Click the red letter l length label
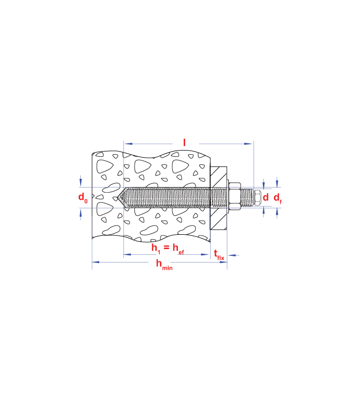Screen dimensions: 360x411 184,143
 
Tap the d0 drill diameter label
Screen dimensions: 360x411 83,197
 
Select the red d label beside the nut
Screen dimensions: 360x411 265,197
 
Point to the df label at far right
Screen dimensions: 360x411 278,198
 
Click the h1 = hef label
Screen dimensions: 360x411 168,248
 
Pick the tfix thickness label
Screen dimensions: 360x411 219,255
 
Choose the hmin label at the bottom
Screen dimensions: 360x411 164,264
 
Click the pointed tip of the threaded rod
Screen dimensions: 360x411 118,197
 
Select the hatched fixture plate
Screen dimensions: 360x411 219,198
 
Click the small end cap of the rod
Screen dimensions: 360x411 258,198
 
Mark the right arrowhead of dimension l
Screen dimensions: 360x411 248,144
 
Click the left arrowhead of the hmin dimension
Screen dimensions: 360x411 96,262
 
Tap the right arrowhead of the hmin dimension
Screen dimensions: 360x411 223,262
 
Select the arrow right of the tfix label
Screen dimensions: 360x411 233,255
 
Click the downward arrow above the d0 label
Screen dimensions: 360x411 81,181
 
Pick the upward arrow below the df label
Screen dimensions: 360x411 277,213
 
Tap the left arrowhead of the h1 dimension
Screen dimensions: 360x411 128,254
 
